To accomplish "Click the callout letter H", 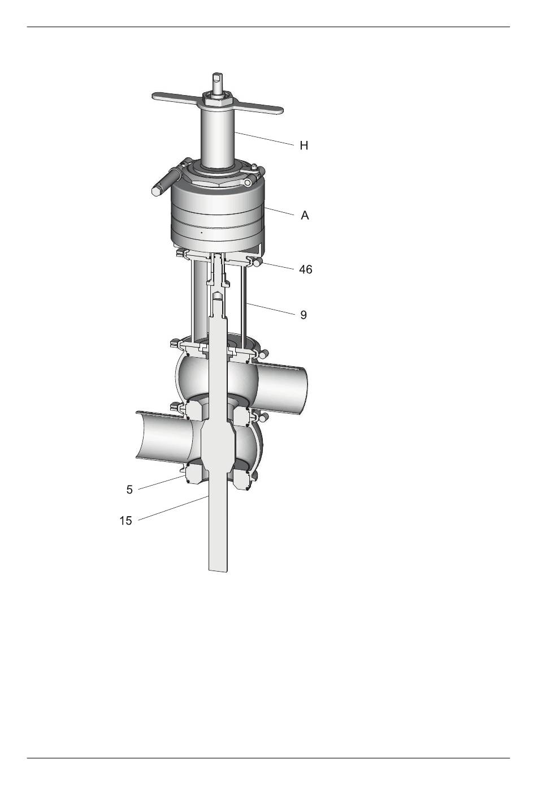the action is [304, 145].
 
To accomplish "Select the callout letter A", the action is [305, 215].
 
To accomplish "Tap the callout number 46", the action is [305, 269].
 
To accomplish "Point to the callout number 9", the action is [304, 315].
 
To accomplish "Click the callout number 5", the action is [129, 490].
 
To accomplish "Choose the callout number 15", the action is [125, 521].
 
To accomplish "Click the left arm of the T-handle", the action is [177, 97].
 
